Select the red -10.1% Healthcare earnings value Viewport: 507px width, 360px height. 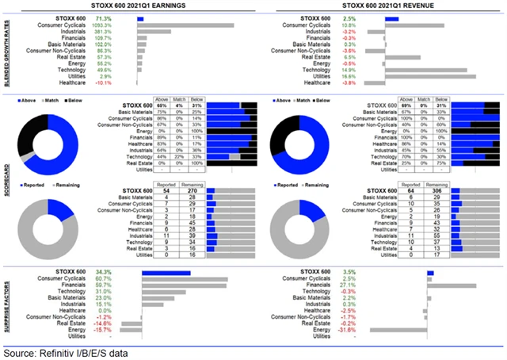tap(102, 82)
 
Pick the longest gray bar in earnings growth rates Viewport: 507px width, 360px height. tap(185, 25)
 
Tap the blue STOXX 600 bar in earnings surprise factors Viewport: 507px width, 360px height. tap(166, 273)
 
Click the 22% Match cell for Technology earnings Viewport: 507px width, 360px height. tap(185, 157)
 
